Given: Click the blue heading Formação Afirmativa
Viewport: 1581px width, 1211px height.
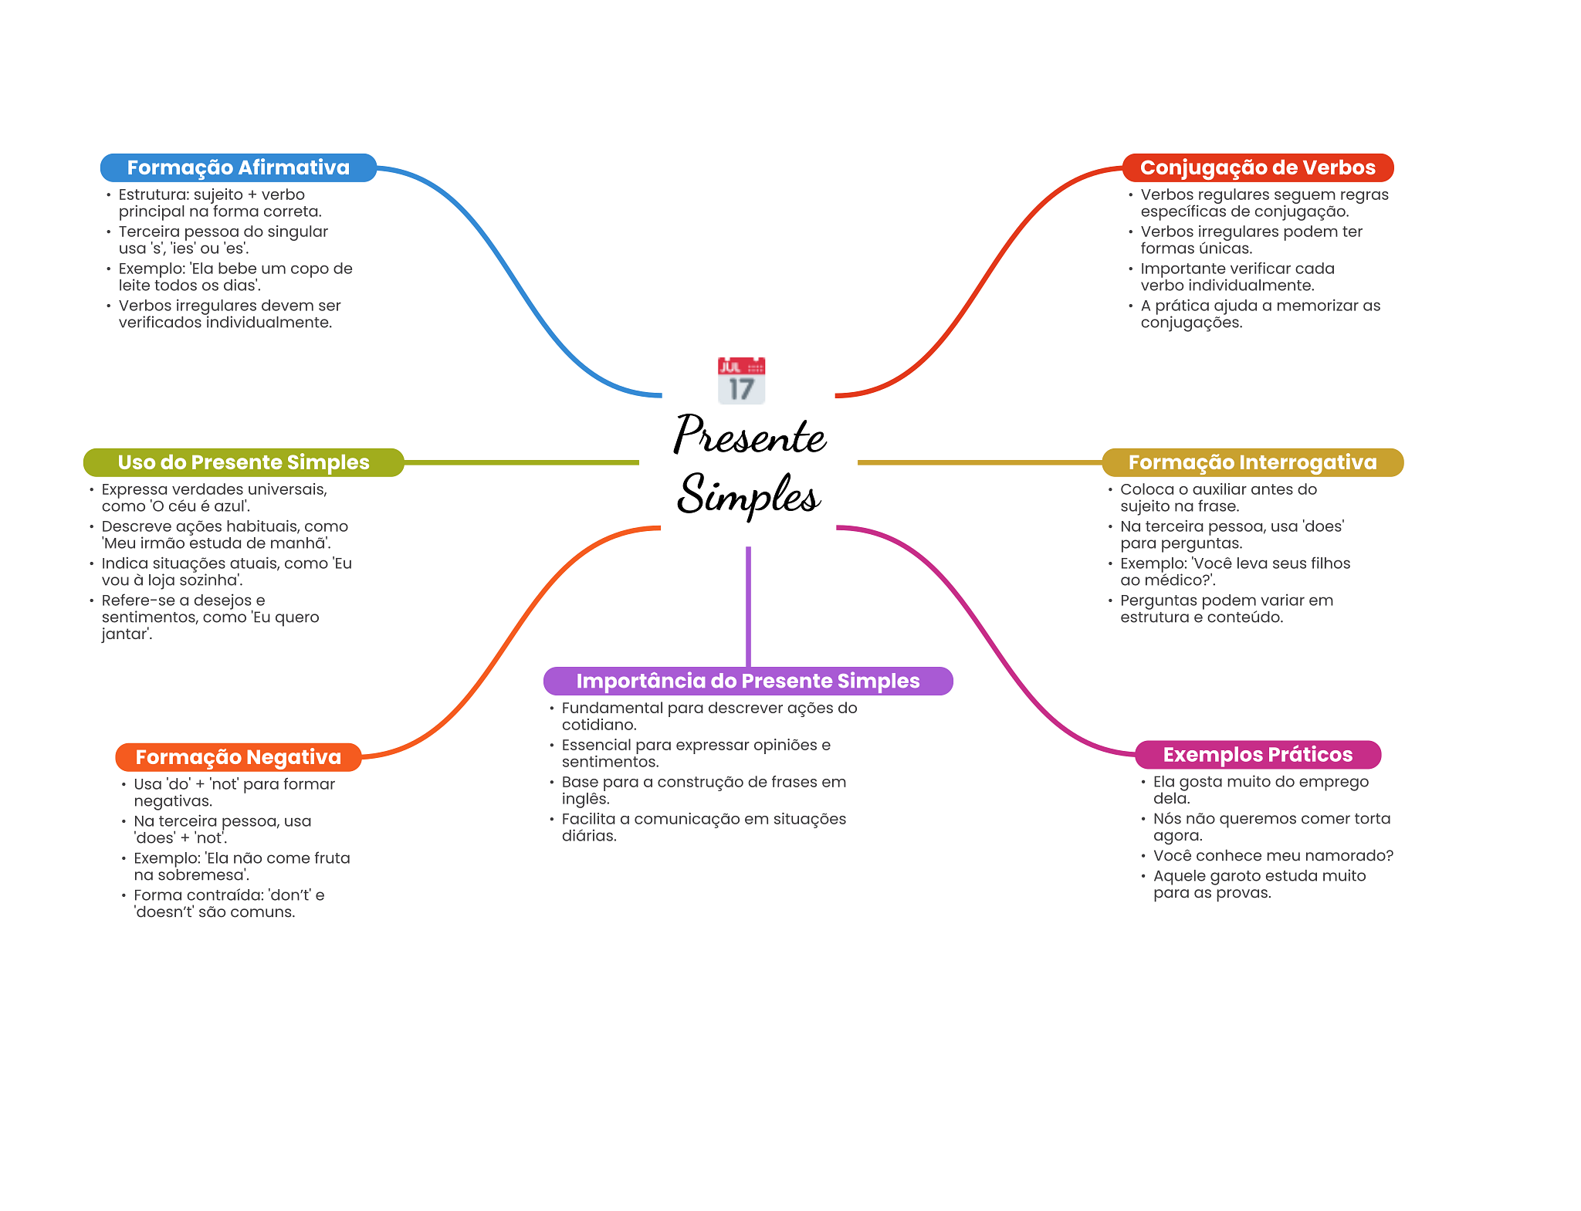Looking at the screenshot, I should tap(238, 167).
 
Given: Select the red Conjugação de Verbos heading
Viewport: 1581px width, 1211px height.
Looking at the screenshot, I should tap(1257, 167).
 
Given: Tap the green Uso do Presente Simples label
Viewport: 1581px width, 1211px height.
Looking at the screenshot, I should tap(243, 462).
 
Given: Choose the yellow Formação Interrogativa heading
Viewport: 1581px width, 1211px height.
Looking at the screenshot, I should tap(1252, 462).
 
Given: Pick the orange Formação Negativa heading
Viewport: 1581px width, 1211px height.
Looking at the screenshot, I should tap(238, 757).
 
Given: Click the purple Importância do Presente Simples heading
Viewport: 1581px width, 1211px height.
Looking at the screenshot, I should tap(747, 681).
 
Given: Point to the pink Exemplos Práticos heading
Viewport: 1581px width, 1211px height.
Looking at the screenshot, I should tap(1257, 755).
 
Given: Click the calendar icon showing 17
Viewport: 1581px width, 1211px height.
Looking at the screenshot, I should tap(741, 381).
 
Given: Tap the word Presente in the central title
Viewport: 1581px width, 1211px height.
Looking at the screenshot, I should tap(749, 435).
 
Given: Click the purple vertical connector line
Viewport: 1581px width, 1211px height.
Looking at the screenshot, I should tap(748, 606).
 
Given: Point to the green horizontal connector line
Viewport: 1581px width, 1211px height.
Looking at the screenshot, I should tap(521, 462).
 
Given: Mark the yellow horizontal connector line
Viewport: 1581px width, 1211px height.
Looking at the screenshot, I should tap(979, 462).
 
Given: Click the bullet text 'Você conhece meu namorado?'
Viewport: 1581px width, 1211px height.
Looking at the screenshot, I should tap(1272, 855).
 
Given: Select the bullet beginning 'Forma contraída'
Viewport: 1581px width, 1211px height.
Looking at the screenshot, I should tap(229, 903).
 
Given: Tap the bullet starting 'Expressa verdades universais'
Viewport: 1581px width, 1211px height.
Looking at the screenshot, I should tap(214, 498).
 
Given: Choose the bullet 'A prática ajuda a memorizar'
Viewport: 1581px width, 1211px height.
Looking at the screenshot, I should tap(1260, 314).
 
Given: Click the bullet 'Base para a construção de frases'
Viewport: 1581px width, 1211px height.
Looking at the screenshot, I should tap(703, 790).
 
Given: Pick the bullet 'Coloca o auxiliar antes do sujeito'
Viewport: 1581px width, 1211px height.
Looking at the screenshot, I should tap(1217, 498).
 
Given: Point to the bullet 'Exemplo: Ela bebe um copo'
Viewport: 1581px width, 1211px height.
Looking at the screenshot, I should tap(235, 277).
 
